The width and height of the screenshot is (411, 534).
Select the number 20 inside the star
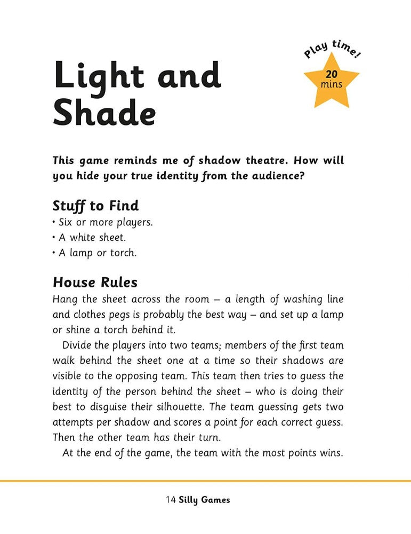pos(332,75)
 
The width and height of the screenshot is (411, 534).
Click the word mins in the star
pos(332,84)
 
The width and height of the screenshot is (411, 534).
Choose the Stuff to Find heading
pos(95,206)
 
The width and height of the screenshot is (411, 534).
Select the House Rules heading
pos(95,282)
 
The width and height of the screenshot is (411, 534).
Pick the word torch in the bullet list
pos(123,253)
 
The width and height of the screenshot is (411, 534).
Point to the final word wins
pos(332,453)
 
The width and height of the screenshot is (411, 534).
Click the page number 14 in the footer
pos(171,500)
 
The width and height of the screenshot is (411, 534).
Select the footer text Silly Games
pos(205,500)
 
